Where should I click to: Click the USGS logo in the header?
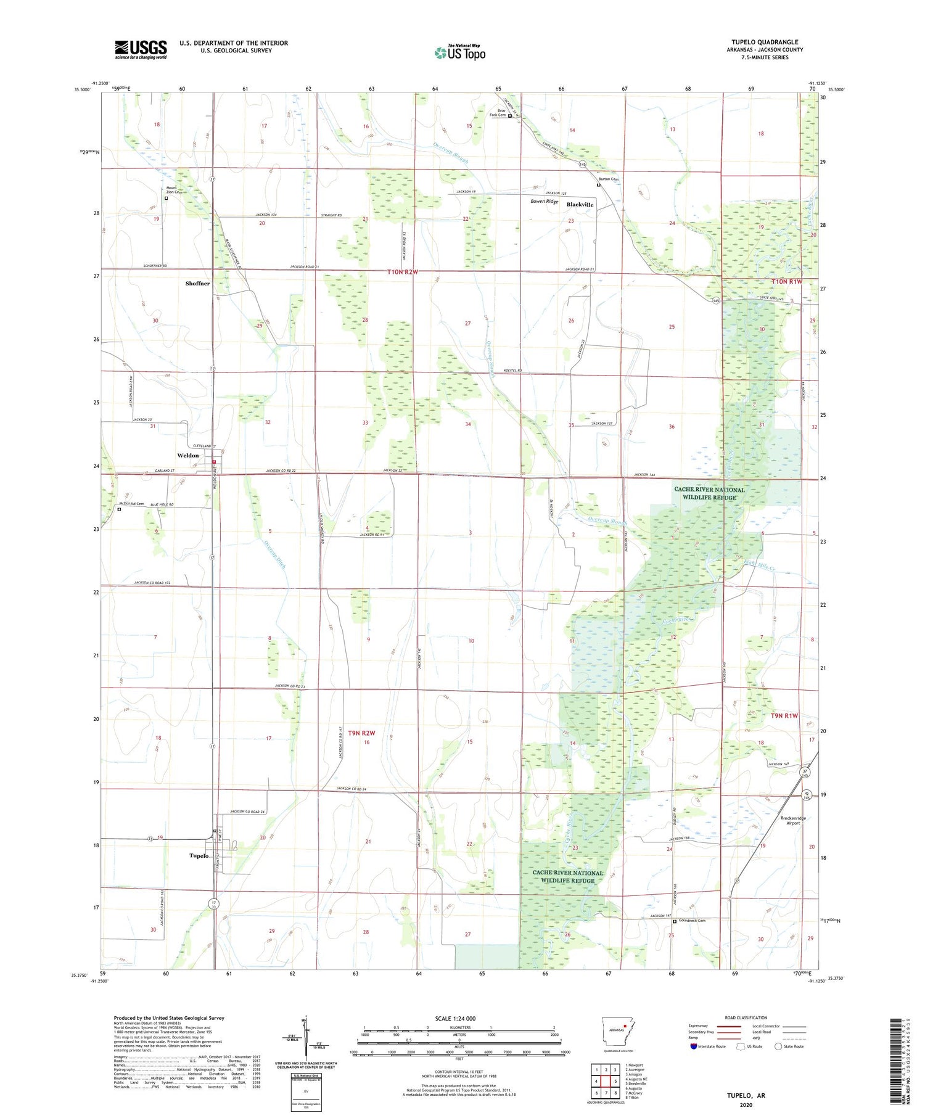click(141, 49)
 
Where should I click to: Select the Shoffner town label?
click(197, 284)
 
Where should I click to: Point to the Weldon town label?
click(188, 456)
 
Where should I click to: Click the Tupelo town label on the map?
click(199, 856)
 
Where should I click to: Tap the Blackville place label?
click(580, 205)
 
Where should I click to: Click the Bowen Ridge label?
click(545, 202)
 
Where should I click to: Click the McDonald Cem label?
click(131, 504)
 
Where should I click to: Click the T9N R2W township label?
click(361, 733)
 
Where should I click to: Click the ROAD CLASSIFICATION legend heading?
click(746, 1017)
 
